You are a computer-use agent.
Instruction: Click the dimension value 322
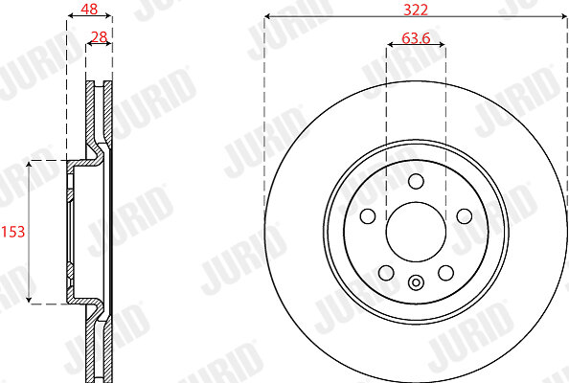pos(416,10)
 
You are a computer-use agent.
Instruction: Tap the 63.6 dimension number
pos(416,37)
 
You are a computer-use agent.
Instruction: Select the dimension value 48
pos(89,9)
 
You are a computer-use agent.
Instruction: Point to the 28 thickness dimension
pos(99,37)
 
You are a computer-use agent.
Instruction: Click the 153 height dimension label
pos(13,232)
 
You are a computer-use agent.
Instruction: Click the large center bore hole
pos(416,232)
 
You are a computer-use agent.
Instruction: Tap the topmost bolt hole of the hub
pos(416,181)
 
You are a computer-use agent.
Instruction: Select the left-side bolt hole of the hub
pos(368,216)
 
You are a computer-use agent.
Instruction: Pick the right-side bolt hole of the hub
pos(465,216)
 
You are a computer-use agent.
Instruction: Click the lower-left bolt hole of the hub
pos(386,273)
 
